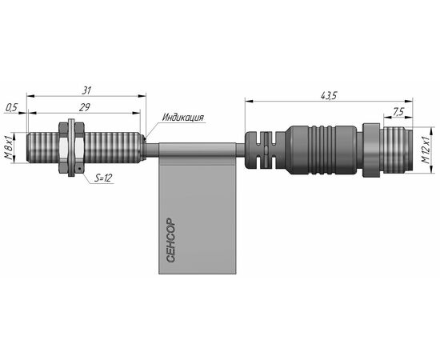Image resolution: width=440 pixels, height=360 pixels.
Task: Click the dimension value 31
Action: click(x=86, y=90)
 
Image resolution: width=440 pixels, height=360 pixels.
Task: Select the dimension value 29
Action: click(x=84, y=107)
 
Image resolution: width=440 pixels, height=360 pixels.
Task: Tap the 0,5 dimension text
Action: click(x=12, y=107)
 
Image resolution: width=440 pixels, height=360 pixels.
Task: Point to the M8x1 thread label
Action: click(x=10, y=147)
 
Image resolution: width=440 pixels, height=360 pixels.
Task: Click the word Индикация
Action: click(x=183, y=117)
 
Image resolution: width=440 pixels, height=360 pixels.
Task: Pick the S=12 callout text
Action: click(x=102, y=178)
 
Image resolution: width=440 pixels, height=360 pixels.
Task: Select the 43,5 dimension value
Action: click(x=329, y=96)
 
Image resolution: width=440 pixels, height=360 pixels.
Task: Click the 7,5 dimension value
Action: click(x=398, y=112)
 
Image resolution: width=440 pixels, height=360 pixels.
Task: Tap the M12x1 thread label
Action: click(x=426, y=150)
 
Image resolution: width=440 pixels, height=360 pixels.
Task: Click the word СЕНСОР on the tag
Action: click(x=170, y=240)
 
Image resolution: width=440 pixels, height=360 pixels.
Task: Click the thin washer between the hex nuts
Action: click(x=71, y=148)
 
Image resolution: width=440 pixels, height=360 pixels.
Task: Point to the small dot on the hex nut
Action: click(x=79, y=168)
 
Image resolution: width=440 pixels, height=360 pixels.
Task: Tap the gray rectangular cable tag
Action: click(x=198, y=208)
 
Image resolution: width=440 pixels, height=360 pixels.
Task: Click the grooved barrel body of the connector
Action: click(x=322, y=150)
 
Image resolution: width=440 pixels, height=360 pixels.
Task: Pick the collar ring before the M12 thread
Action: click(x=371, y=150)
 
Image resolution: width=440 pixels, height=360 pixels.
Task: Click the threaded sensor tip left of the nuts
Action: click(x=43, y=147)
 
